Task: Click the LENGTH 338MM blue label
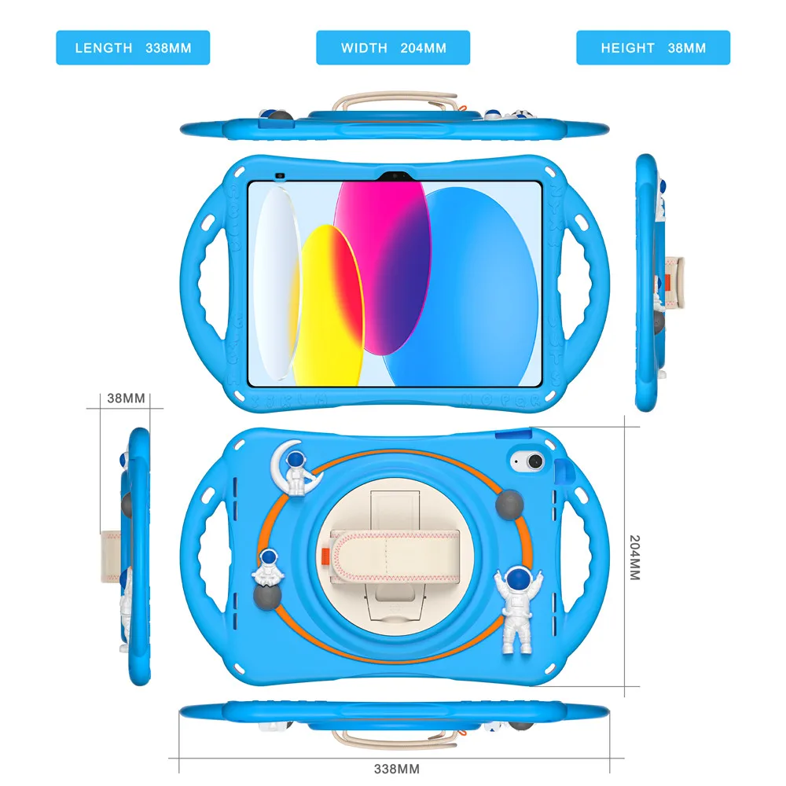(133, 48)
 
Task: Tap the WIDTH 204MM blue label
(393, 48)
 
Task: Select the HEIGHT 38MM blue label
(653, 48)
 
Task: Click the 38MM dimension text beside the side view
(127, 399)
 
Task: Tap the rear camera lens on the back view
(522, 460)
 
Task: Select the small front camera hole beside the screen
(278, 174)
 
